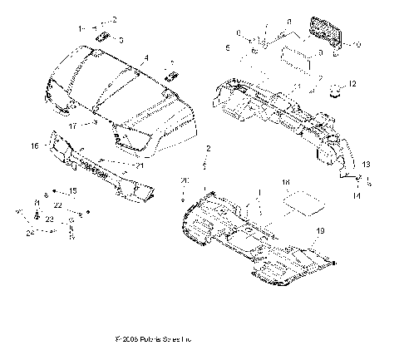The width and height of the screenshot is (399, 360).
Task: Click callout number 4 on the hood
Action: pos(146,58)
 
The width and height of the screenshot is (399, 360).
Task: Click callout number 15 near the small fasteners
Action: pos(72,191)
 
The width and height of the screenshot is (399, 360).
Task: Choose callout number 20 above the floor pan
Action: pos(185,181)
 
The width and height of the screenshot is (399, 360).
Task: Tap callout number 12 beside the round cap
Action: pos(352,85)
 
